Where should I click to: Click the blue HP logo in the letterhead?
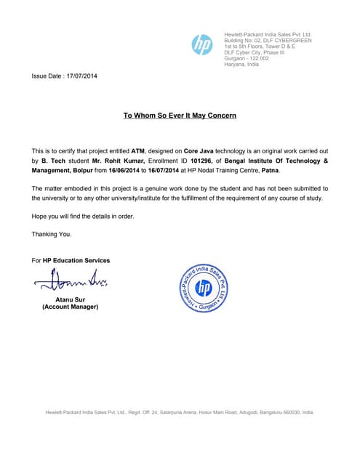[202, 45]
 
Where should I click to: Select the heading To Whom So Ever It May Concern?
[180, 116]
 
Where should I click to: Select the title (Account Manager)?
[70, 307]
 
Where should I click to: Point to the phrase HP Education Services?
[76, 260]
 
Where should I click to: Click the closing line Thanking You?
[52, 234]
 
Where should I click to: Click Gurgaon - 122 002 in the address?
[247, 58]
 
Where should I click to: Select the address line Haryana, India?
[241, 65]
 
